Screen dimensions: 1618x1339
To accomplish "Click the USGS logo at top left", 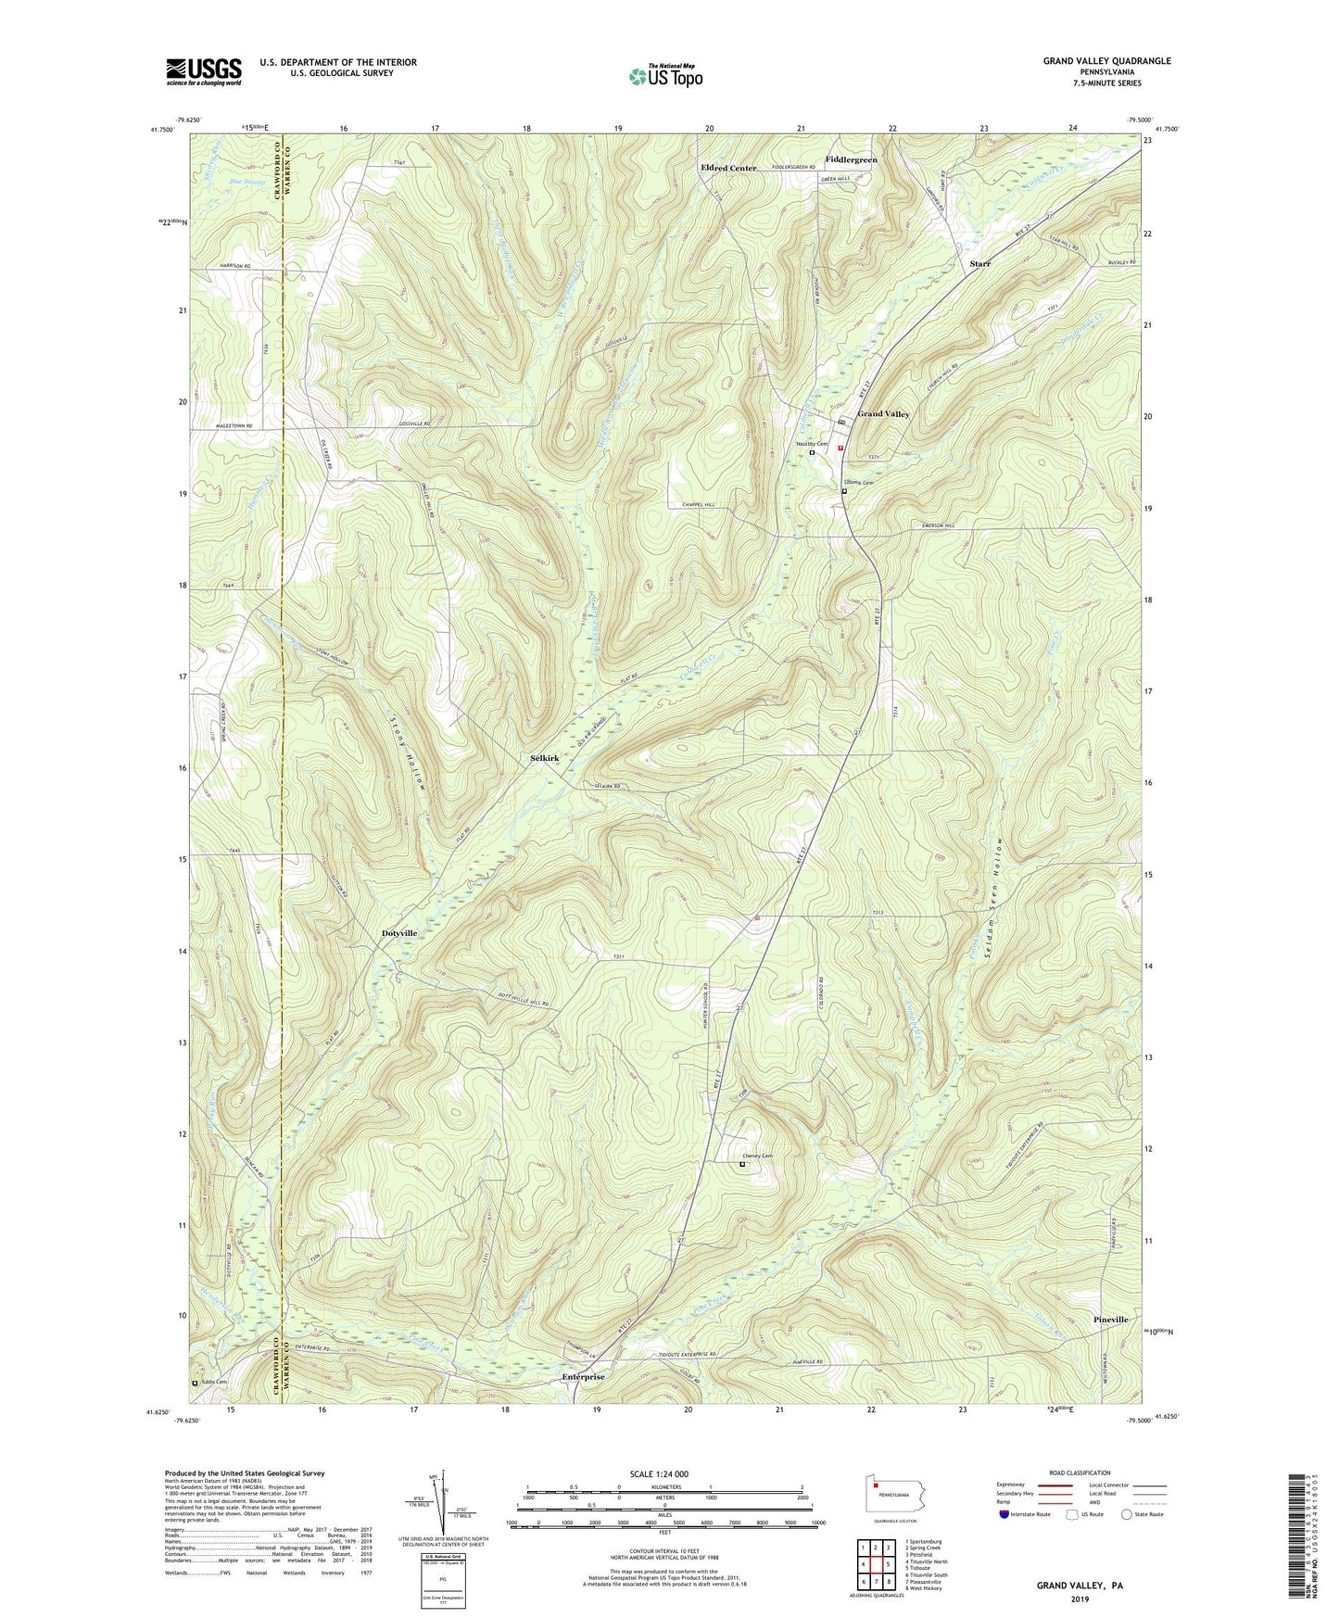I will [x=204, y=71].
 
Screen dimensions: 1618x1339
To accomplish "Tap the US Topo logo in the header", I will [x=665, y=77].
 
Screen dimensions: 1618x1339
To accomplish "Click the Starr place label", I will [x=979, y=264].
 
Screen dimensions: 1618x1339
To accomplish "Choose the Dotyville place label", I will [x=406, y=933].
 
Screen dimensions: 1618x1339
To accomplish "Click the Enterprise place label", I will [x=583, y=1377].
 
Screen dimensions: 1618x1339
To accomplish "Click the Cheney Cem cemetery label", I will [x=756, y=1156].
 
